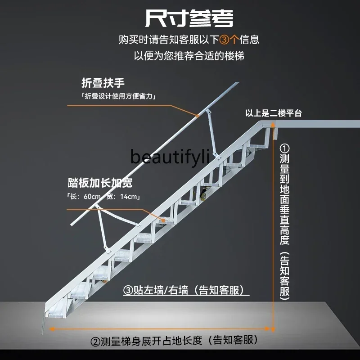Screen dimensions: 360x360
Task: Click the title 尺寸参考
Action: pyautogui.click(x=189, y=19)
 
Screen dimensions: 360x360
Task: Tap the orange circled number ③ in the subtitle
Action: pyautogui.click(x=224, y=40)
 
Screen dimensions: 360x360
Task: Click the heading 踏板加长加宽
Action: pyautogui.click(x=100, y=183)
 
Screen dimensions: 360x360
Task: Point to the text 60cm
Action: pyautogui.click(x=92, y=197)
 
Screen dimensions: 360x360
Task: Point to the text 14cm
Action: pyautogui.click(x=129, y=197)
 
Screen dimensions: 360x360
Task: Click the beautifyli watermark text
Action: pyautogui.click(x=170, y=157)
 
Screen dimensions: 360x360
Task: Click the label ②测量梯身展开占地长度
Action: pyautogui.click(x=176, y=341)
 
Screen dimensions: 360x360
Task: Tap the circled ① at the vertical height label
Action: pyautogui.click(x=285, y=148)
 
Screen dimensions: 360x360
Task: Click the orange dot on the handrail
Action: pyautogui.click(x=198, y=116)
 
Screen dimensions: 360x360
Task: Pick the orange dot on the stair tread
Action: pyautogui.click(x=161, y=220)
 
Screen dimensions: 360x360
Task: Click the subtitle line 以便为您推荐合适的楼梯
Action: pyautogui.click(x=189, y=56)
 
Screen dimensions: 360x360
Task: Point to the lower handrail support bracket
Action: pyautogui.click(x=103, y=225)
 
